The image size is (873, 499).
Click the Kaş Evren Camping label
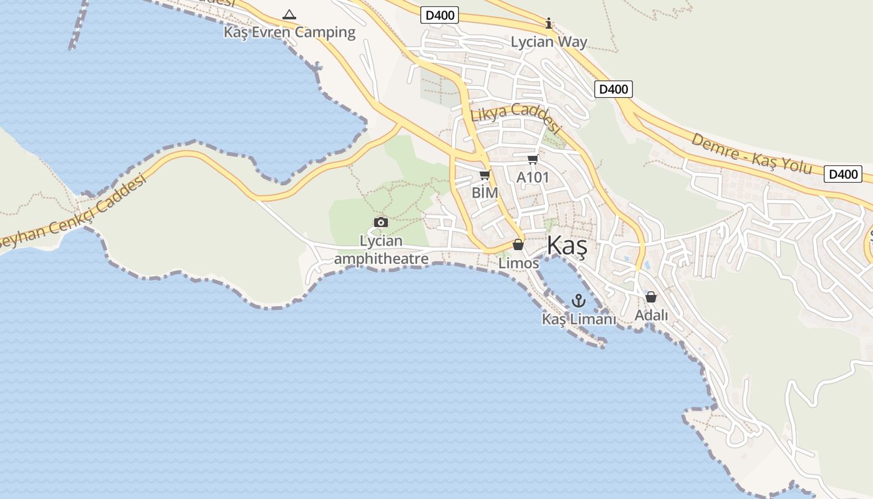[x=290, y=32]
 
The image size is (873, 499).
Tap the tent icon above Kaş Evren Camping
[x=289, y=14]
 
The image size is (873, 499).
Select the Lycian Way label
[x=549, y=42]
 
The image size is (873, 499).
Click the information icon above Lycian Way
[x=549, y=24]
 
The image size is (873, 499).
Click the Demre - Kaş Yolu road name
[x=751, y=153]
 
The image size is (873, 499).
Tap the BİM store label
[x=485, y=193]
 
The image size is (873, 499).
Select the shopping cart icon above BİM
[x=485, y=175]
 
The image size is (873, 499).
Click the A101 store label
[x=533, y=178]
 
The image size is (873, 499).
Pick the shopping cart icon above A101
[x=533, y=160]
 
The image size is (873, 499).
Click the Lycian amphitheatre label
[x=382, y=249]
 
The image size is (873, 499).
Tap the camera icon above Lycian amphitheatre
[x=380, y=222]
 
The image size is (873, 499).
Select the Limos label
[x=519, y=263]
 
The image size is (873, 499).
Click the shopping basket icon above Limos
[x=518, y=245]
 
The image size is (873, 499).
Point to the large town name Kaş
[x=567, y=246]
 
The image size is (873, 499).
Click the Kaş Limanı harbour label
[x=579, y=319]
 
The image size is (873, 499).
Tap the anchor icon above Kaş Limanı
[x=579, y=301]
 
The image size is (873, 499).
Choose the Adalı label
[x=651, y=315]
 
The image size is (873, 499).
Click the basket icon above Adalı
[x=651, y=297]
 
